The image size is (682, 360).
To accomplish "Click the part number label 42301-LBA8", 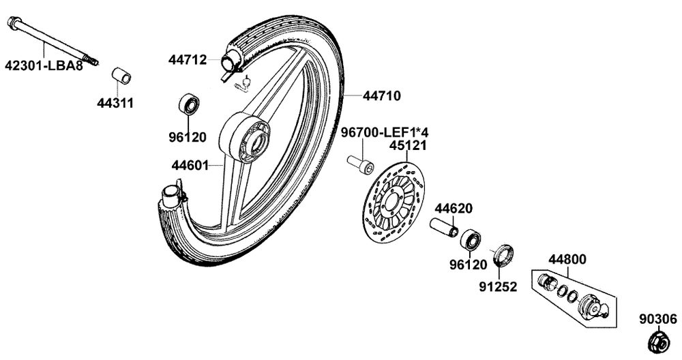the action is (44, 66).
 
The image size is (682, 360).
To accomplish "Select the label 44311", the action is (115, 103).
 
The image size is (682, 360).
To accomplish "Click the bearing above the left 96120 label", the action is (189, 104).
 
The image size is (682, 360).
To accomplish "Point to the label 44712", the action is (188, 59).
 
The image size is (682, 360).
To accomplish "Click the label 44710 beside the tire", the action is (382, 95).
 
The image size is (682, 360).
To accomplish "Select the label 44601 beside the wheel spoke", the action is (190, 166).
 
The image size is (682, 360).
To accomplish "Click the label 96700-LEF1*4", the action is (385, 132).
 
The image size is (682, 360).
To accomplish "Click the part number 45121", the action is (408, 146).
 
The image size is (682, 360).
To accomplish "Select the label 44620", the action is (454, 208).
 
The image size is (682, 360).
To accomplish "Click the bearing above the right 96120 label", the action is (471, 241).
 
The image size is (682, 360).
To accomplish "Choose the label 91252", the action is (498, 286).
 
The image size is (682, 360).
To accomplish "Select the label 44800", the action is (567, 259).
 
